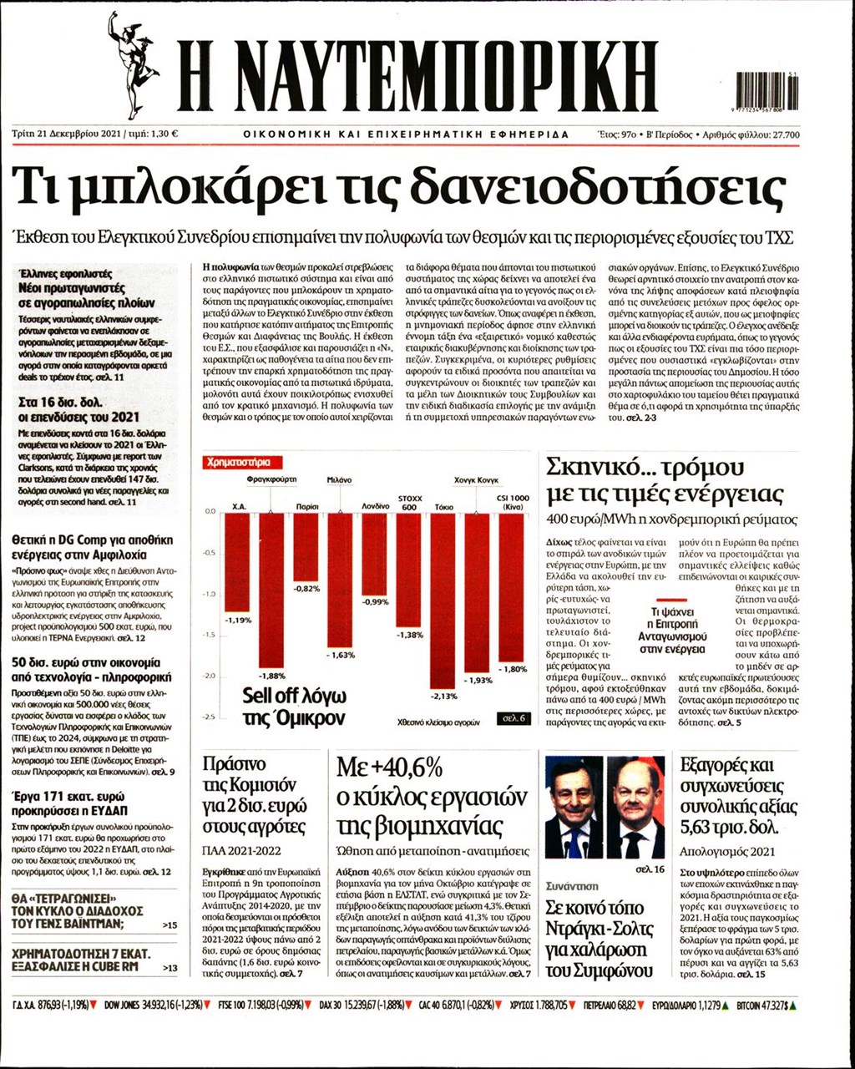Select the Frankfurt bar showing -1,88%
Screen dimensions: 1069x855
pos(271,589)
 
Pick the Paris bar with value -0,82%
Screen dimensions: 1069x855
pos(306,547)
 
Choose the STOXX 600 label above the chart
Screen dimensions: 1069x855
pos(409,503)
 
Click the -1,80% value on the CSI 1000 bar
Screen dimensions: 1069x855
pos(512,669)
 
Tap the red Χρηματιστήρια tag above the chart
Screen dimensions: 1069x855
pos(241,462)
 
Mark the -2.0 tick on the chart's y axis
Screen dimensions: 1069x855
pos(210,676)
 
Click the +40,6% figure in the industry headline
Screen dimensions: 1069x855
pos(389,767)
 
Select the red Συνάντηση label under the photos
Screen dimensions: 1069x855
pos(572,885)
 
